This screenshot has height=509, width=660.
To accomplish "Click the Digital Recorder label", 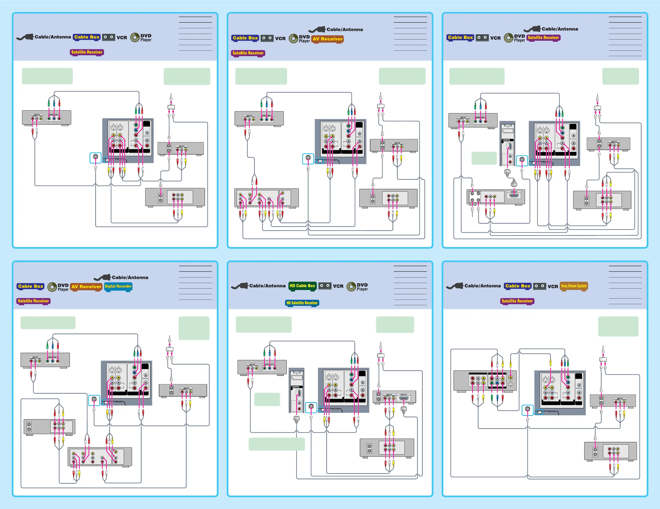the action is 118,286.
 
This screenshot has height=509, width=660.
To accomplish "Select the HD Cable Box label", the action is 302,286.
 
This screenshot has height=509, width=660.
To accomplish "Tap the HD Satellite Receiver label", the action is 302,303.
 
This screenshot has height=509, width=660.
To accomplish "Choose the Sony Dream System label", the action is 573,286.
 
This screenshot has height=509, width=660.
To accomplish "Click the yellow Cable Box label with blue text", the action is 87,37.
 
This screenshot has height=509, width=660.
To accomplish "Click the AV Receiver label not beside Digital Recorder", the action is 328,39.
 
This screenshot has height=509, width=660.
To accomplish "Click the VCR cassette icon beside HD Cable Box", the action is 325,286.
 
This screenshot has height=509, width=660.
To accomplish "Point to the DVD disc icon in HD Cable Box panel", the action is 351,286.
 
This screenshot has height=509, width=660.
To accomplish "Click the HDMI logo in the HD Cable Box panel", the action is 295,387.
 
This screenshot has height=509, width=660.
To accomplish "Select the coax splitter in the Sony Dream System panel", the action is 603,359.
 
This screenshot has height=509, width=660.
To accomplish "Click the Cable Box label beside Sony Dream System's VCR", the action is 518,286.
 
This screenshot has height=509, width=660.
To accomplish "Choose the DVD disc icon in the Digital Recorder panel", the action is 52,287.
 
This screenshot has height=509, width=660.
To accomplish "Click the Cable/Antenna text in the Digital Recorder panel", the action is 130,277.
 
